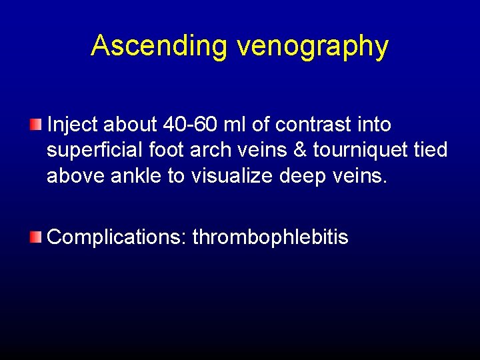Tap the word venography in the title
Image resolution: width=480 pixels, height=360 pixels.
tap(312, 47)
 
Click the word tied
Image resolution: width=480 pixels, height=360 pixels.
tap(431, 150)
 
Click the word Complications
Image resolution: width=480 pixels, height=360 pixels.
tap(117, 237)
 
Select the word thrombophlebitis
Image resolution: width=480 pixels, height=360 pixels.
tap(270, 237)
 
